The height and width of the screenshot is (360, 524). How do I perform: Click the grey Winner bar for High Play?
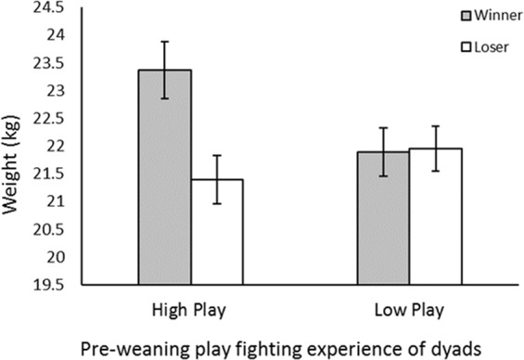[165, 186]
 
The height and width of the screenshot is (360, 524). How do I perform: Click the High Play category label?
[191, 308]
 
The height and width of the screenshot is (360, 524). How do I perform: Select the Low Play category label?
[409, 308]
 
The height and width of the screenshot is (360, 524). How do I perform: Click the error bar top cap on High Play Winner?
[165, 42]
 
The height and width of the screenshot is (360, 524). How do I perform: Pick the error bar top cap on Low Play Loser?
[435, 126]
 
